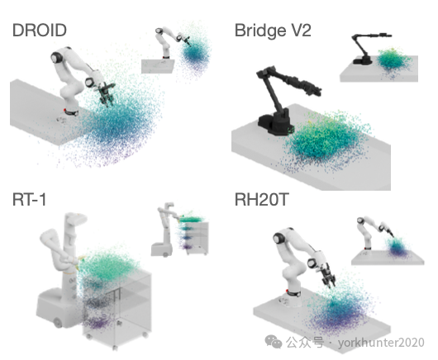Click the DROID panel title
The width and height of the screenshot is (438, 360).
coord(40,31)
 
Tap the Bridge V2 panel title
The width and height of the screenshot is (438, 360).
coord(273,31)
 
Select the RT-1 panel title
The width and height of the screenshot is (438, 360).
coord(29,200)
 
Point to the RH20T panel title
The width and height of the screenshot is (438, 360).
coord(261,200)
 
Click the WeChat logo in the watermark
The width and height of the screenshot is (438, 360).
coord(274,342)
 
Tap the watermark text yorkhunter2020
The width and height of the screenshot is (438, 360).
coord(381,342)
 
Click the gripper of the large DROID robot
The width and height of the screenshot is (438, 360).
coord(106,94)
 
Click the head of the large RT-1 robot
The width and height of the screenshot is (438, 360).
coord(75,219)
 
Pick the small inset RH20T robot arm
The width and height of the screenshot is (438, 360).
coord(374,232)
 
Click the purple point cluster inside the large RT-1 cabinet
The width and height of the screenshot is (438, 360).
coord(98,322)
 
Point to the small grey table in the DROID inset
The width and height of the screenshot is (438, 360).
coord(158,66)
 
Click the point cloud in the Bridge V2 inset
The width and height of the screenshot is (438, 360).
coord(393,61)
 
